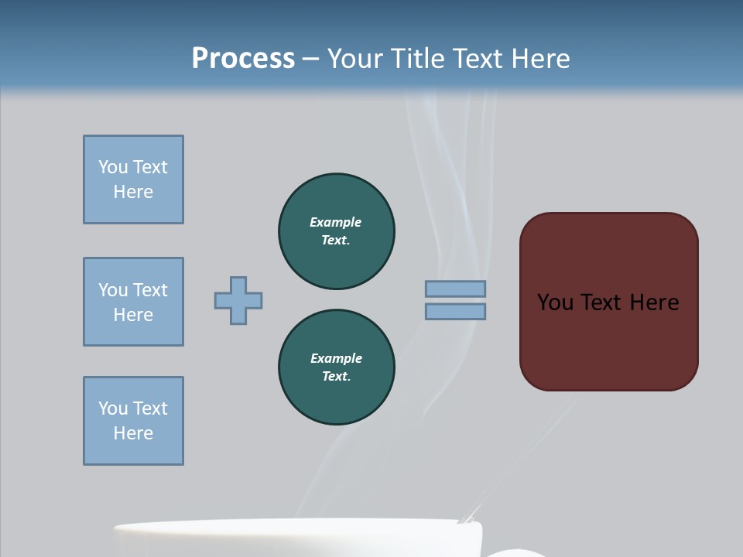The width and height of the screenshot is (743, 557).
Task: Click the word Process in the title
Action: tap(243, 58)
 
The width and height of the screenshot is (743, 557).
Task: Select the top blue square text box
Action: tap(133, 179)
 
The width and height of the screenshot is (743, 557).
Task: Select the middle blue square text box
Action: tap(133, 302)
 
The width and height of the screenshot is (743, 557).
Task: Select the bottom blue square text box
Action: tap(133, 421)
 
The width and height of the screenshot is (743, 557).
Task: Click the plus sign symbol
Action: tap(238, 300)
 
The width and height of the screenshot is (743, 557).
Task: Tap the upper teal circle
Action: tap(337, 231)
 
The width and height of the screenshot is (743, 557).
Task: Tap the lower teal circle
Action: tap(337, 367)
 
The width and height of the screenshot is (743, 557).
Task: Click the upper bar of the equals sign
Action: tap(455, 289)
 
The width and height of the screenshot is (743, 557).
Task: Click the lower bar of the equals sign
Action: tap(455, 311)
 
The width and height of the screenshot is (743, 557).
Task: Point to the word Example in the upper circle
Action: tap(336, 222)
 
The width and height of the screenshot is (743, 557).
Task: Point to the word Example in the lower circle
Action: tap(336, 358)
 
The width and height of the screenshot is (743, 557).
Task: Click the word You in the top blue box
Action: tap(113, 167)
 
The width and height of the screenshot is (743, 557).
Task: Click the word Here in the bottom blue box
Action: tap(133, 433)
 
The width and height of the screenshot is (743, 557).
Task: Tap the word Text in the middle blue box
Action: tap(150, 290)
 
